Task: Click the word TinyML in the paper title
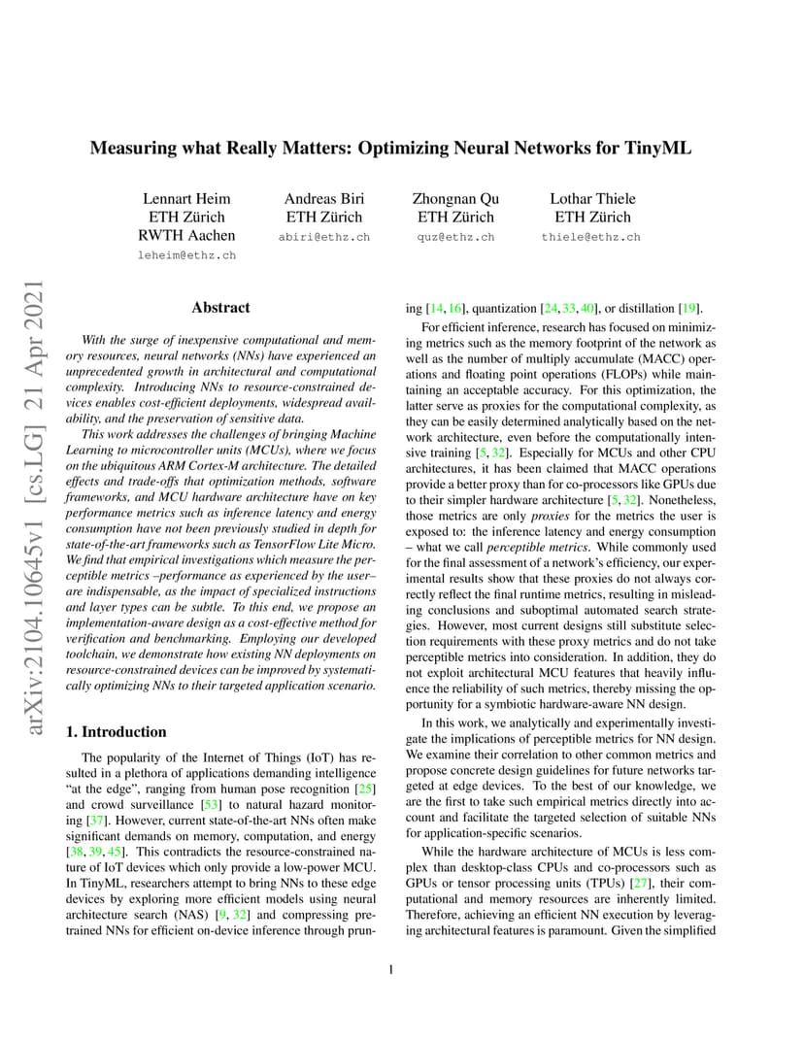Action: (655, 149)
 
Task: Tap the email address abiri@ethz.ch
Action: (323, 237)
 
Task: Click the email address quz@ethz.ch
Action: (455, 237)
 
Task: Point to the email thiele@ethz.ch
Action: (590, 237)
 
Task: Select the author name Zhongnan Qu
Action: (455, 199)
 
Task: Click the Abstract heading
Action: (220, 308)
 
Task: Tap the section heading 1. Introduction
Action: (110, 731)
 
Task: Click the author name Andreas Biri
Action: (323, 199)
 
